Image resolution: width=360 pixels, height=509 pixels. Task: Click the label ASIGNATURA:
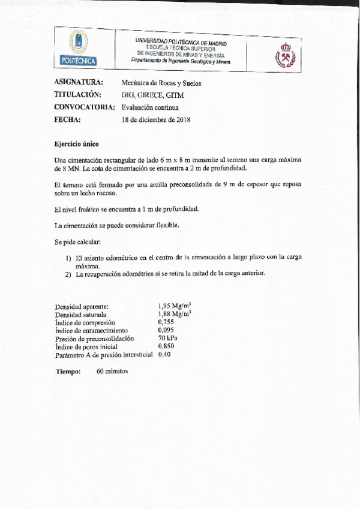pyautogui.click(x=79, y=82)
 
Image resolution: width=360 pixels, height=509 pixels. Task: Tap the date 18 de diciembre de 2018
pyautogui.click(x=155, y=119)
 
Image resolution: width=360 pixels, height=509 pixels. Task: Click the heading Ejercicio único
pyautogui.click(x=75, y=145)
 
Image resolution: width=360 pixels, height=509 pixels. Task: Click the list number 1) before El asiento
pyautogui.click(x=68, y=257)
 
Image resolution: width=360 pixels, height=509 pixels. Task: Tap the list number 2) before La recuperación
pyautogui.click(x=68, y=274)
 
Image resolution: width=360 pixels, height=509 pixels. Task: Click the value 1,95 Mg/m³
pyautogui.click(x=174, y=306)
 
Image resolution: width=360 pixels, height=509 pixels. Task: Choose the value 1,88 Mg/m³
pyautogui.click(x=174, y=314)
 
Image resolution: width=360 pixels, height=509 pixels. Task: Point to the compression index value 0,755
pyautogui.click(x=166, y=322)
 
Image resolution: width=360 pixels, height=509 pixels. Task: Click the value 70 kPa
pyautogui.click(x=167, y=338)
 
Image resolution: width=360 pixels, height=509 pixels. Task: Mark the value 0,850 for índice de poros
pyautogui.click(x=166, y=346)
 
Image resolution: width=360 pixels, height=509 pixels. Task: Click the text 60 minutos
pyautogui.click(x=112, y=371)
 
